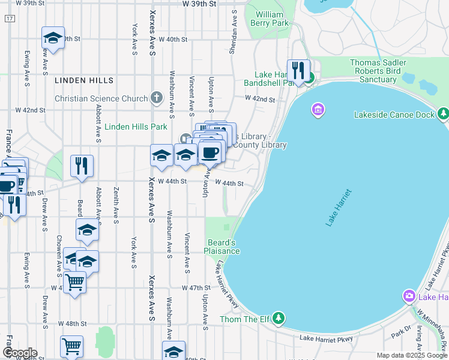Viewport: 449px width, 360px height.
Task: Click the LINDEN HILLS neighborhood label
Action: (x=83, y=80)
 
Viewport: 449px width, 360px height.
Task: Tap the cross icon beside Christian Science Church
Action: (x=157, y=98)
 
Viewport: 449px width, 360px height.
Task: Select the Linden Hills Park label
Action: (x=136, y=127)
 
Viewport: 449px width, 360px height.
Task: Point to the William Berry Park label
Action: (x=272, y=19)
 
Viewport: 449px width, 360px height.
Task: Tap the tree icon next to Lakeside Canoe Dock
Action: (x=443, y=113)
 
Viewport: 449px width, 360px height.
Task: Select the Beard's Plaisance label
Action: (x=223, y=247)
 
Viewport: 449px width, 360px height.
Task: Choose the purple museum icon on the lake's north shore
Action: (x=318, y=110)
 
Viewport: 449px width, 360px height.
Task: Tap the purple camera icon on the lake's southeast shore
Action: (x=409, y=296)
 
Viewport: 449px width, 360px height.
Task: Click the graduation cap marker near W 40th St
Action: (x=53, y=38)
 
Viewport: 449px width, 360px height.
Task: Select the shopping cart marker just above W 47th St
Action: (x=75, y=281)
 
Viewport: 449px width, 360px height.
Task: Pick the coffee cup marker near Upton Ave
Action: (x=209, y=153)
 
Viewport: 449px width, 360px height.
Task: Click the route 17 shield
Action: (x=9, y=19)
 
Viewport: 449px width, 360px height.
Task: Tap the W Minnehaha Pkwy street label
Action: (x=430, y=327)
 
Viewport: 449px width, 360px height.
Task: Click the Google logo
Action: (x=19, y=353)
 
